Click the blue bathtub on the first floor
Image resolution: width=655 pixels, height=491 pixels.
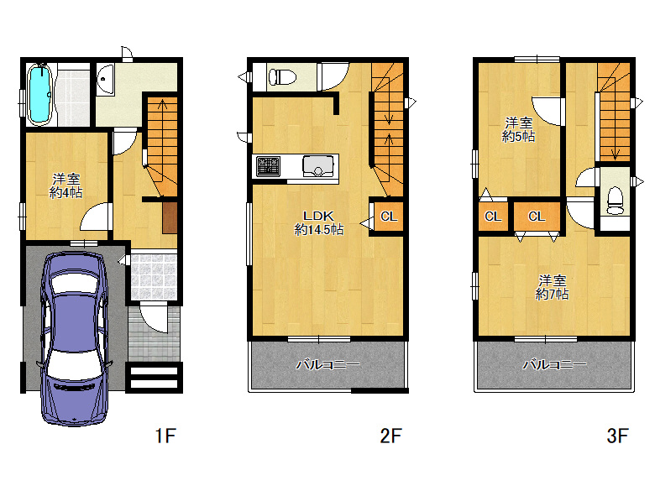(39, 94)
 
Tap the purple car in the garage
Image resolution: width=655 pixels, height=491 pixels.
(75, 338)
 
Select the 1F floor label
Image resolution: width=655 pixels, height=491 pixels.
(165, 436)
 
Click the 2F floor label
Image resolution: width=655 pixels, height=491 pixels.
(390, 436)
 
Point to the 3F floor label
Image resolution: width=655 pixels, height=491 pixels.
(617, 436)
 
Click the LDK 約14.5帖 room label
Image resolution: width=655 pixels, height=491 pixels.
(319, 222)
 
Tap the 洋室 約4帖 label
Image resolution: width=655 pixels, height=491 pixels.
(66, 185)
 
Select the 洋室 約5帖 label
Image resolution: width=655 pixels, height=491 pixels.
(518, 130)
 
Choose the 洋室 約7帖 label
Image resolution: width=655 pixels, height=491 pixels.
(552, 287)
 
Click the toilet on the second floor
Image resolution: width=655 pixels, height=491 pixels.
(282, 77)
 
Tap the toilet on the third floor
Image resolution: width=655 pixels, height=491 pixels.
(615, 201)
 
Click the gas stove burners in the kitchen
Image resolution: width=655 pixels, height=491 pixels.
(268, 166)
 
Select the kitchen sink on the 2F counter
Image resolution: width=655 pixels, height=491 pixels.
(318, 166)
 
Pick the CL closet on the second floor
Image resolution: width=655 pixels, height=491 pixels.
(389, 217)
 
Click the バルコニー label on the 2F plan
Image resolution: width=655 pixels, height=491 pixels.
(327, 365)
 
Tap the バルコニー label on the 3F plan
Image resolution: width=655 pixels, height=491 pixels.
(554, 365)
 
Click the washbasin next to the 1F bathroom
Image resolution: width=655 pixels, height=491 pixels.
(106, 80)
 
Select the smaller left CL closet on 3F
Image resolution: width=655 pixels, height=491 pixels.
(493, 217)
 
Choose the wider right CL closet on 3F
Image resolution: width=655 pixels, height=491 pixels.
(537, 217)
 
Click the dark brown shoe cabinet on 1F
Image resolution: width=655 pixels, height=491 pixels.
(170, 217)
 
